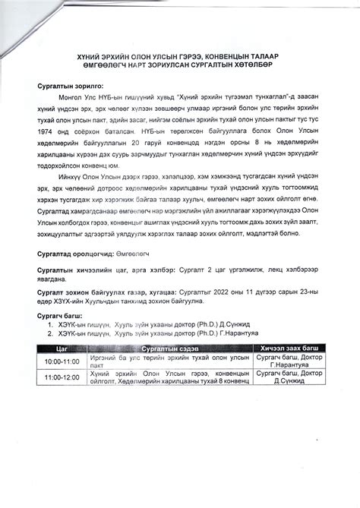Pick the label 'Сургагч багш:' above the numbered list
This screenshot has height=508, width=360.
coord(60,313)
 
